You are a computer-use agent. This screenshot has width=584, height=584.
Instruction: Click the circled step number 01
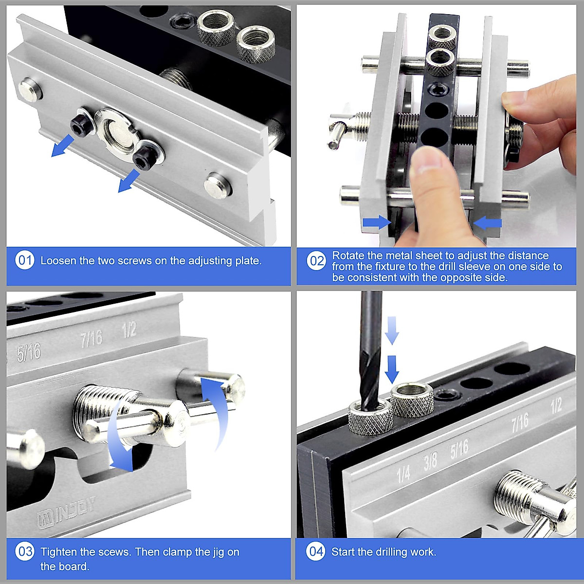[25, 260]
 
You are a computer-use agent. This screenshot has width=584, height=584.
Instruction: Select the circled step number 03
[25, 552]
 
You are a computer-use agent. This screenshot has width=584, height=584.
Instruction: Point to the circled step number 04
[316, 551]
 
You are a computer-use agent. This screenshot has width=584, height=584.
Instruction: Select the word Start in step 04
[343, 552]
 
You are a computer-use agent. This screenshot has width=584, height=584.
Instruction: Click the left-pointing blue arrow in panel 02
[487, 223]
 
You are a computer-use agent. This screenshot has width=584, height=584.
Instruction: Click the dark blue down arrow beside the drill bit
[392, 369]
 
